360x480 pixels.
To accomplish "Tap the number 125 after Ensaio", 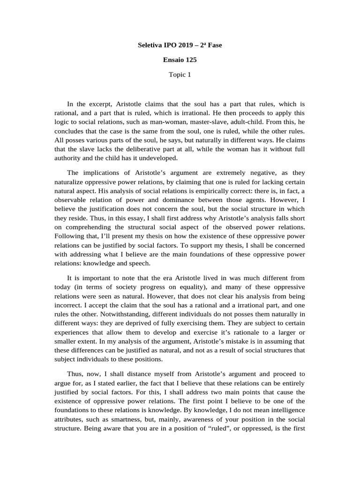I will tap(191, 60).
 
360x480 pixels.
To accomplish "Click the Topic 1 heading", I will tap(180, 75).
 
